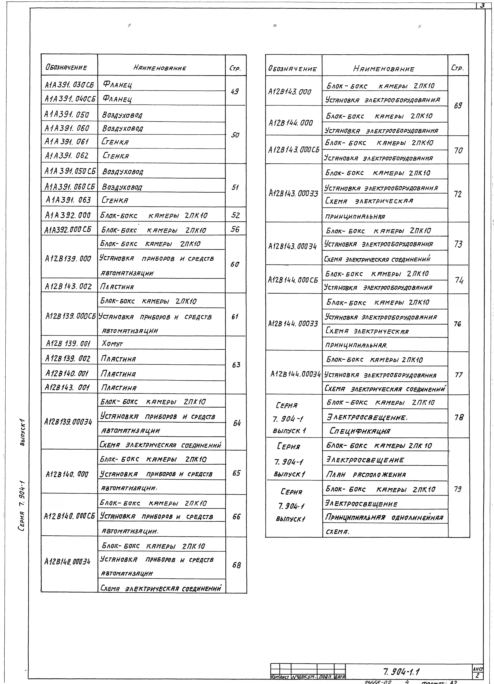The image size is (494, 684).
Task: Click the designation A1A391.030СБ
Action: click(69, 85)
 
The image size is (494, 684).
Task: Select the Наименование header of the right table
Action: click(384, 69)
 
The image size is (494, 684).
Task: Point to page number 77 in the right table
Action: click(458, 375)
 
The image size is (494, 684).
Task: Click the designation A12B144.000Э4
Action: click(295, 374)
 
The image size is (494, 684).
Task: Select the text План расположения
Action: click(366, 474)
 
